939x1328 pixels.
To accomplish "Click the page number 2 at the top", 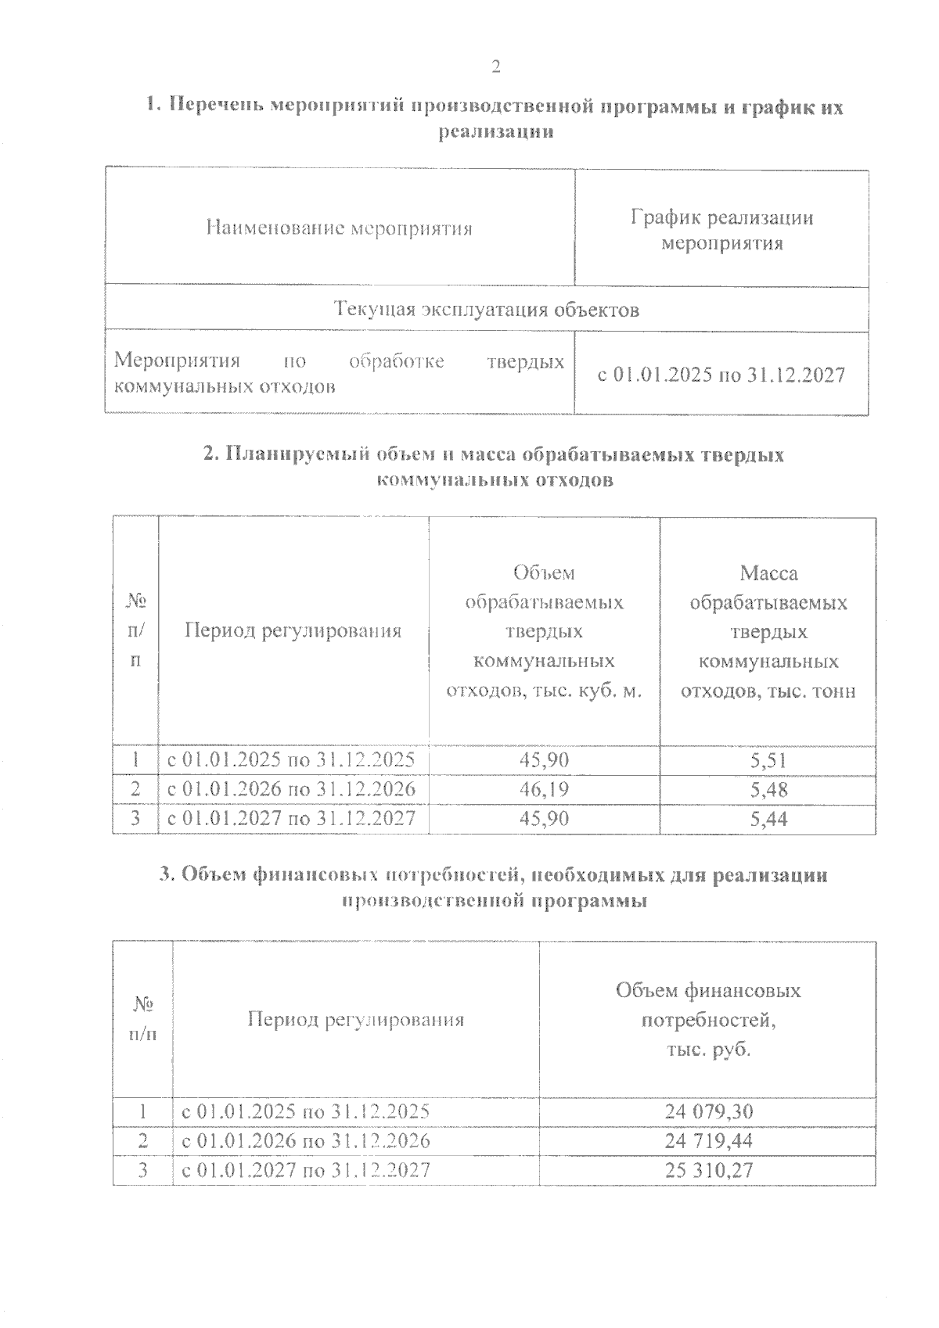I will (x=495, y=66).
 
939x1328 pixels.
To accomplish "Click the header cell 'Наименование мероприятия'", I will (x=340, y=228).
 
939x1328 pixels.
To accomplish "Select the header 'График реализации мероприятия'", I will (x=721, y=230).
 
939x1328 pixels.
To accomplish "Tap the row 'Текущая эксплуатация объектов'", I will (x=487, y=310).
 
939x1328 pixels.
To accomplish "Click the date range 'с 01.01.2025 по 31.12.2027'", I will (x=721, y=375).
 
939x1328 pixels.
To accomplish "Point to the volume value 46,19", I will (x=545, y=789).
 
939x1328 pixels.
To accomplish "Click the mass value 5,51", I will (x=768, y=760).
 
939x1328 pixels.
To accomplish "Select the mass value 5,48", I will (x=768, y=789).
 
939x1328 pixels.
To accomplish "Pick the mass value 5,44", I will (x=768, y=819).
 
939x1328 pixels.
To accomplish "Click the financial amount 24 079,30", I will (x=708, y=1111).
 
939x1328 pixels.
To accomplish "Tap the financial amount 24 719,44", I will (x=708, y=1141).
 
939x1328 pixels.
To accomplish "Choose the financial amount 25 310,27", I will (x=708, y=1170).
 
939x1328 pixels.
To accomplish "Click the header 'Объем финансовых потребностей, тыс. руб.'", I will (x=708, y=1019).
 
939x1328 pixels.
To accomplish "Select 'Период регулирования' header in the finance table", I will (x=356, y=1019).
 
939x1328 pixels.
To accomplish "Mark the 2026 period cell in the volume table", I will (x=293, y=789).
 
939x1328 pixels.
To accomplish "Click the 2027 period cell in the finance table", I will (x=306, y=1170).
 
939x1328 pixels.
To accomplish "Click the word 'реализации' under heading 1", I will (x=495, y=131).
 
